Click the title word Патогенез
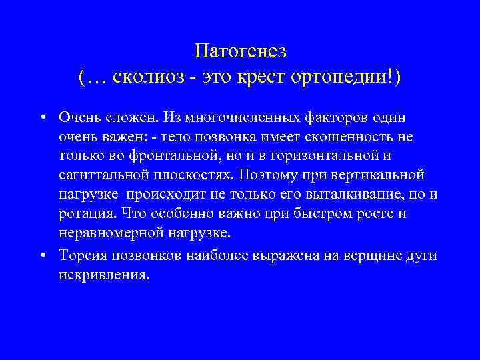(240, 52)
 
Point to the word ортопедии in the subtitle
(338, 78)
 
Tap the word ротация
(84, 214)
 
